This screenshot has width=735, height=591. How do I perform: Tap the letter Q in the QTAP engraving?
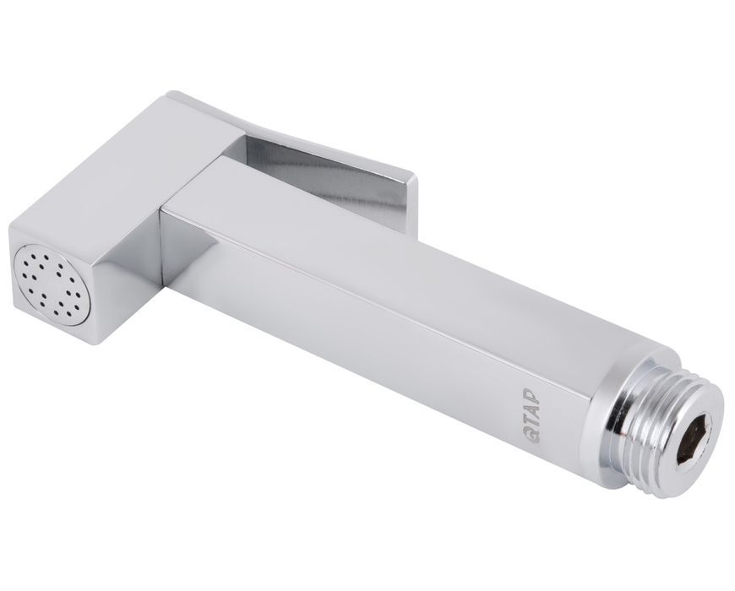(x=533, y=435)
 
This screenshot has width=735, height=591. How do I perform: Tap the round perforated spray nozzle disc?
(x=52, y=285)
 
